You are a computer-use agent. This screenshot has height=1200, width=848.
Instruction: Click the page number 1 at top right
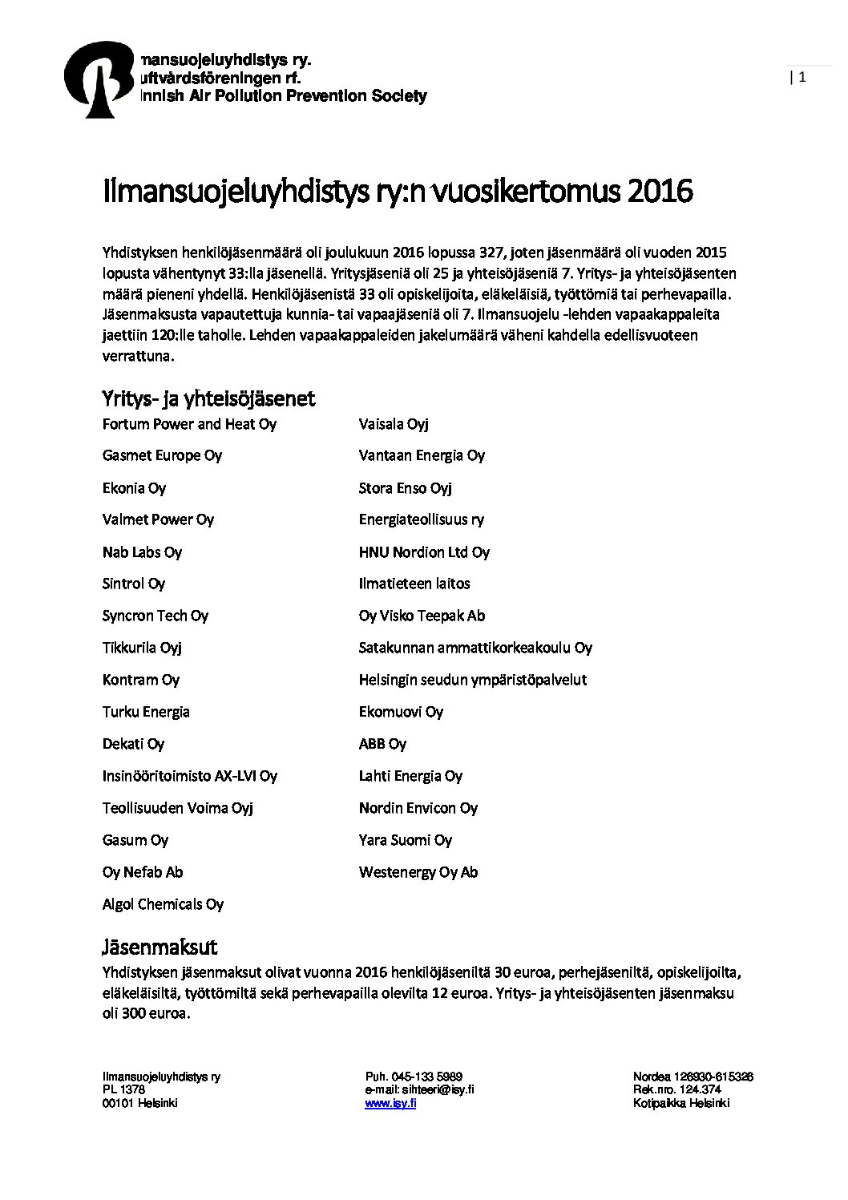[802, 77]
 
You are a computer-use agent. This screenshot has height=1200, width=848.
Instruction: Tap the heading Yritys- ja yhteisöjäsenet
[208, 398]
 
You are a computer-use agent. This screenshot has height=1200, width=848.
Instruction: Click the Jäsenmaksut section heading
[160, 947]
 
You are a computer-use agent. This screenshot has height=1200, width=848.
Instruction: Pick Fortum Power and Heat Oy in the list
[189, 424]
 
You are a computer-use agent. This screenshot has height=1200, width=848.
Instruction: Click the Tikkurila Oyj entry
[142, 648]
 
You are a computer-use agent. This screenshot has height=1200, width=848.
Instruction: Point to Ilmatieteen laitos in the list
[414, 584]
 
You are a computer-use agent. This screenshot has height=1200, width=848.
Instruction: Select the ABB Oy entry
[382, 744]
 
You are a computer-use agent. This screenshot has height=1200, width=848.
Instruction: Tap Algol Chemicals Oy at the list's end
[163, 904]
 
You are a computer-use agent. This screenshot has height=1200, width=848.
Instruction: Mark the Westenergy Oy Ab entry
[418, 872]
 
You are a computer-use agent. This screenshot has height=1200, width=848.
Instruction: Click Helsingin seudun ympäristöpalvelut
[472, 680]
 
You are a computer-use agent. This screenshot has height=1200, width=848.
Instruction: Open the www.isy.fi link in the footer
[390, 1103]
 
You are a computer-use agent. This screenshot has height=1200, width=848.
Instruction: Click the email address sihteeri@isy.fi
[438, 1089]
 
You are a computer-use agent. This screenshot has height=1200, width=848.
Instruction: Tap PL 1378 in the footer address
[123, 1089]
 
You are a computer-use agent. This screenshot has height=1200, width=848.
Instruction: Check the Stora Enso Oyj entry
[405, 488]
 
